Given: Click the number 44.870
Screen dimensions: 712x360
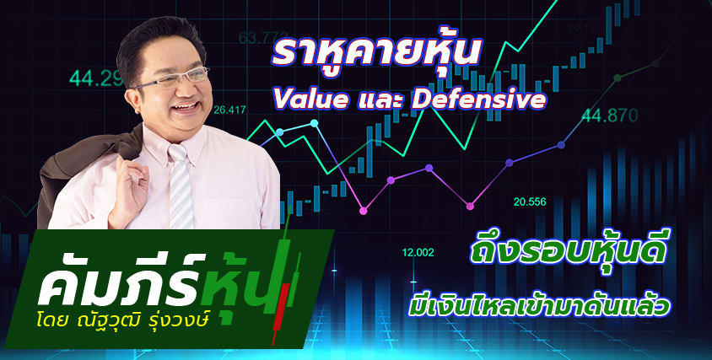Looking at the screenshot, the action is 609,116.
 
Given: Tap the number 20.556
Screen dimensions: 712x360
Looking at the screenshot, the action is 530,202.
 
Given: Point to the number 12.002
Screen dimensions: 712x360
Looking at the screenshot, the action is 418,253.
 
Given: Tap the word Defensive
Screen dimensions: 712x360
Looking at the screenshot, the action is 478,99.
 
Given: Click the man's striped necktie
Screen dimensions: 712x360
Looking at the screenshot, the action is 180,186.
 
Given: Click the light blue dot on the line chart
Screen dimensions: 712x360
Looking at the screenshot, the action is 280,132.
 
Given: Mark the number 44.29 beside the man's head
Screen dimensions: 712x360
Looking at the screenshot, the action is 95,78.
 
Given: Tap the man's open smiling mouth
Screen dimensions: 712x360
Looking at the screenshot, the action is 186,109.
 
